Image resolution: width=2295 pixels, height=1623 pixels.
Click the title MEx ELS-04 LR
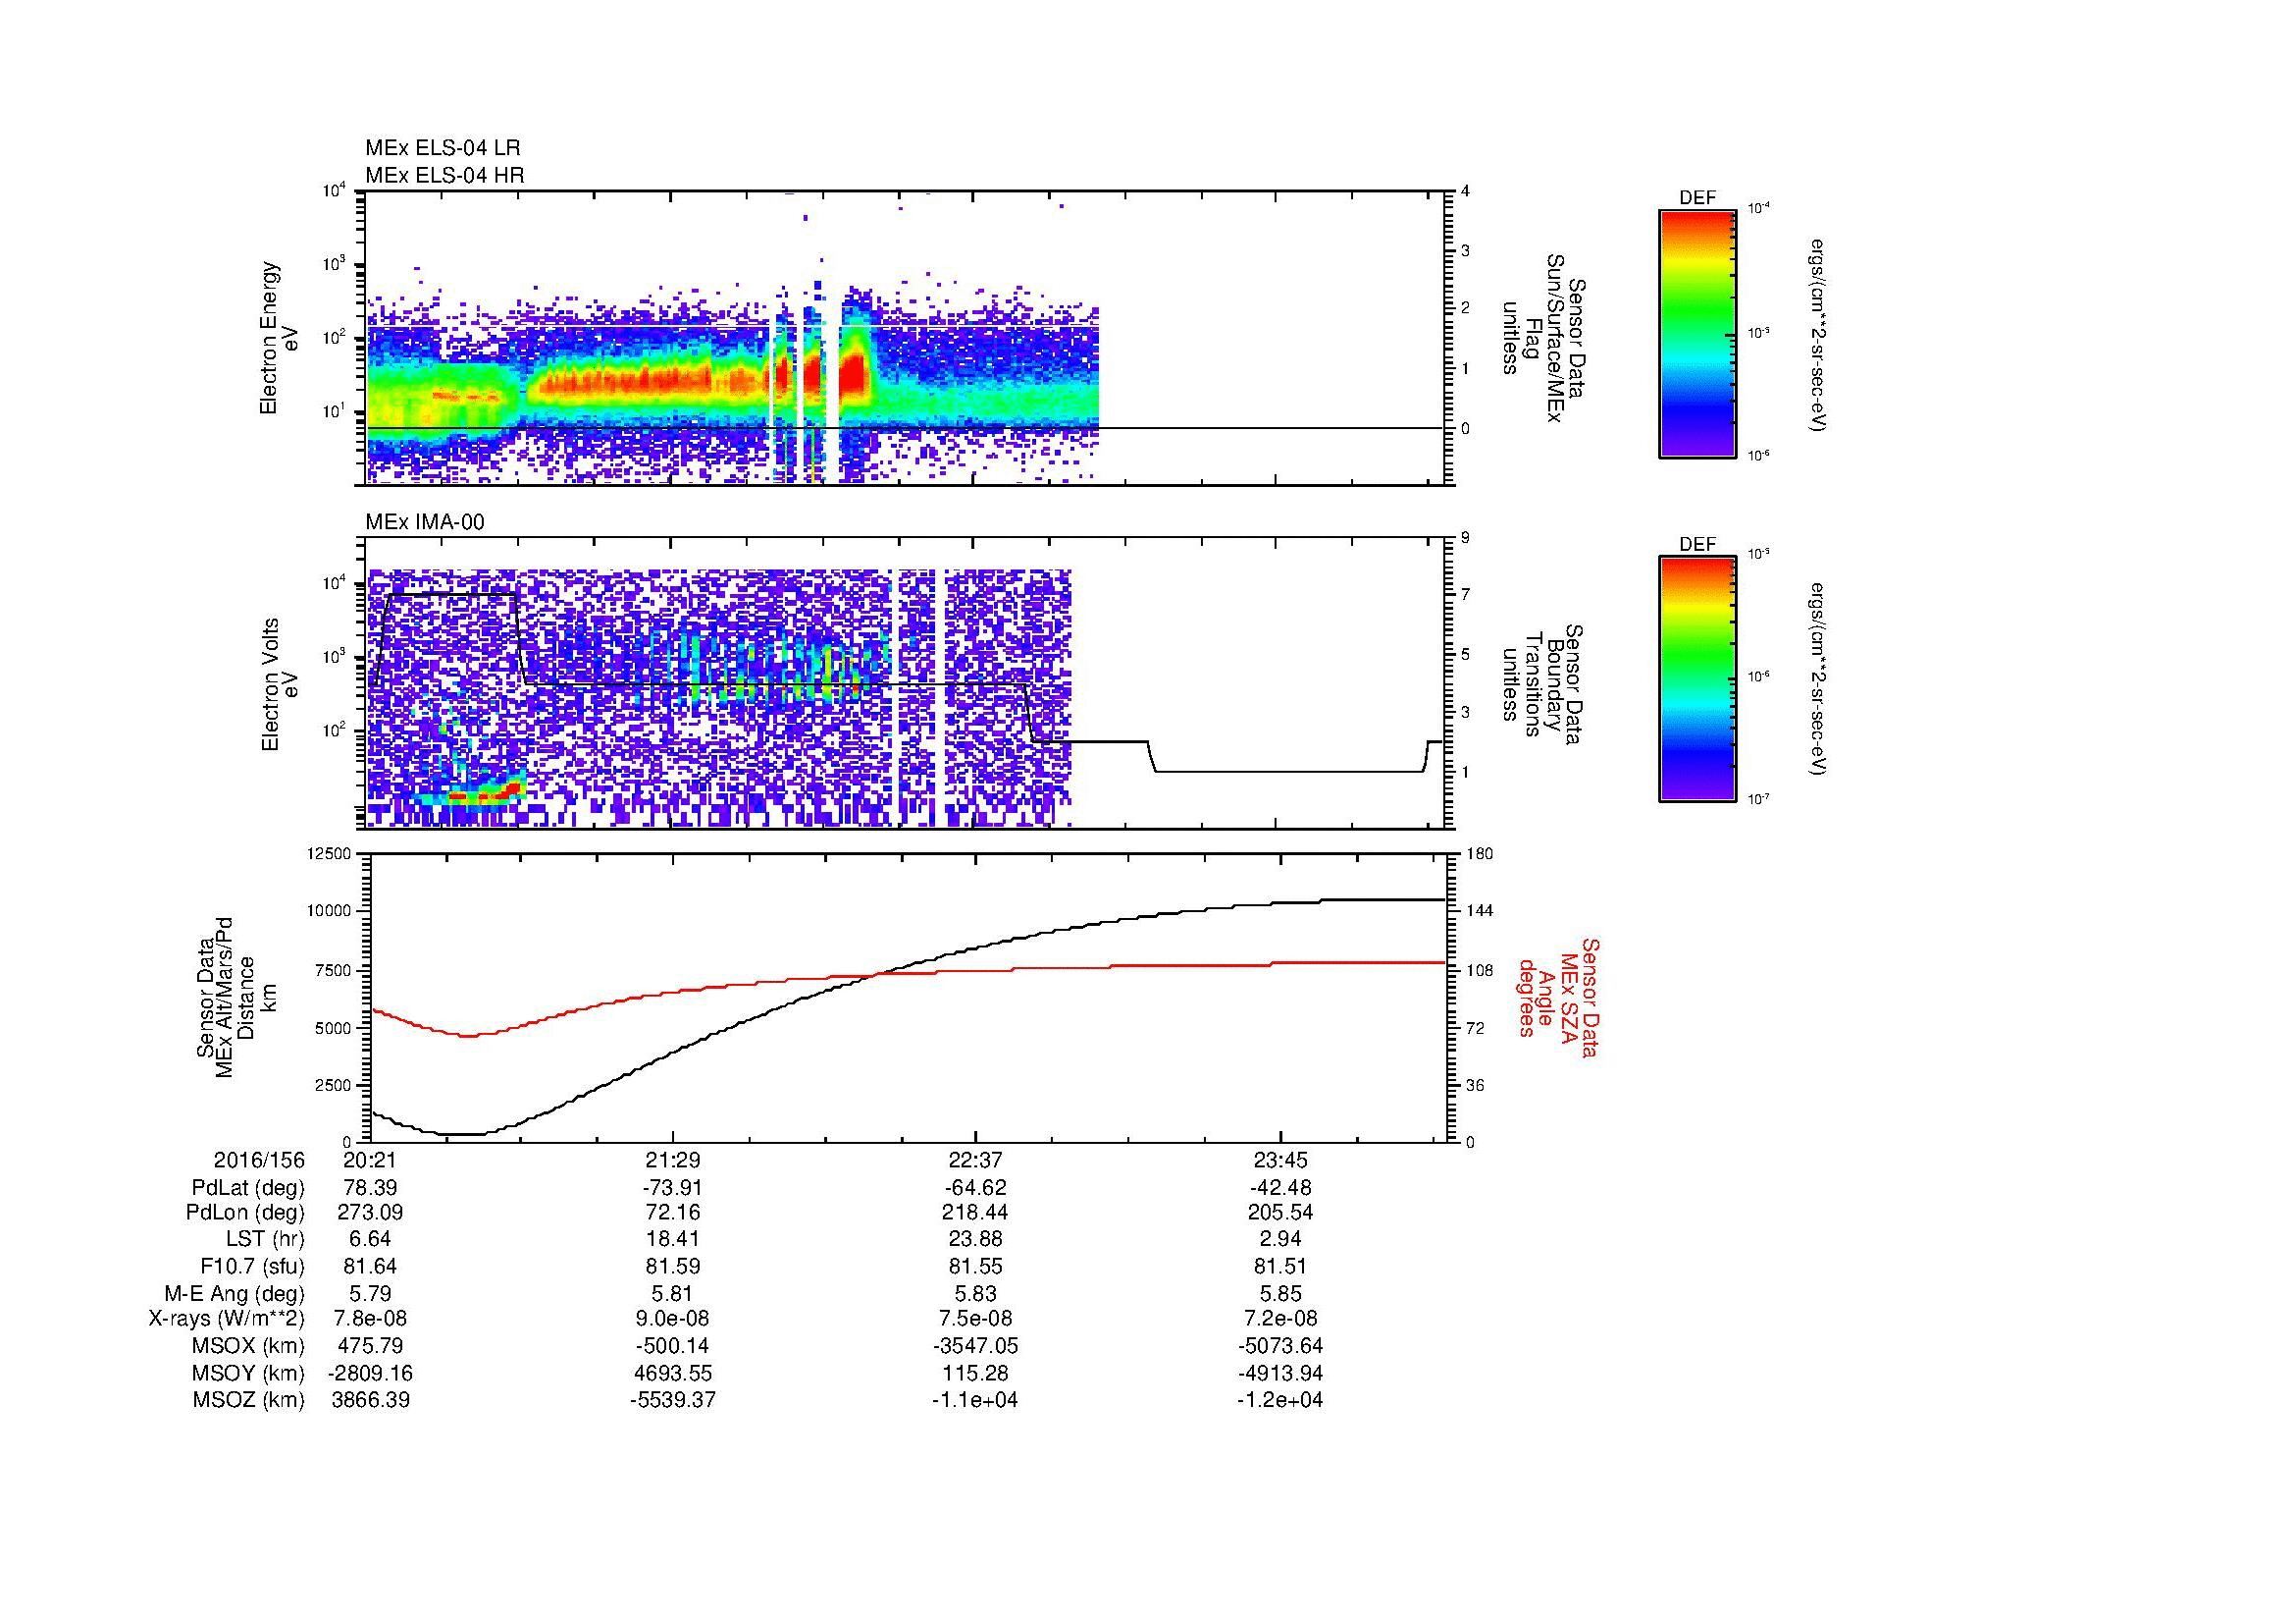(x=442, y=148)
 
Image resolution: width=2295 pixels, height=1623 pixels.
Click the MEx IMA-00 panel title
(x=425, y=522)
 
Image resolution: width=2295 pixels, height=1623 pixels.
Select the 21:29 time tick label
(x=672, y=1161)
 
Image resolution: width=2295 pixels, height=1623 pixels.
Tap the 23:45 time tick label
(x=1279, y=1161)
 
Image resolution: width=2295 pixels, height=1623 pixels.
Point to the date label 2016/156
(x=259, y=1161)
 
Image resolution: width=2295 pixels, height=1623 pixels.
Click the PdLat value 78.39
(x=370, y=1188)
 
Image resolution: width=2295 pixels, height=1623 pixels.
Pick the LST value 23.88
(x=974, y=1240)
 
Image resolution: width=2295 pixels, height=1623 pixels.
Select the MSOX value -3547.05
(x=974, y=1346)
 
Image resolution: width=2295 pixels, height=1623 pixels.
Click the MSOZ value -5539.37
(x=672, y=1400)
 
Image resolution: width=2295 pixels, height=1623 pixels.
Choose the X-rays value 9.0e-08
(x=672, y=1319)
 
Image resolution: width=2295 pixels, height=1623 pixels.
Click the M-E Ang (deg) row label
(x=234, y=1293)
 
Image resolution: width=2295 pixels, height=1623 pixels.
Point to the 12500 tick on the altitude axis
(x=329, y=854)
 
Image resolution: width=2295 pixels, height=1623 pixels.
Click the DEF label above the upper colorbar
(x=1697, y=198)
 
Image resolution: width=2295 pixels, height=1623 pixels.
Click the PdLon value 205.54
(x=1279, y=1213)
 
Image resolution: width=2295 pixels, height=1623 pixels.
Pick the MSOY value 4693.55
(x=672, y=1373)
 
